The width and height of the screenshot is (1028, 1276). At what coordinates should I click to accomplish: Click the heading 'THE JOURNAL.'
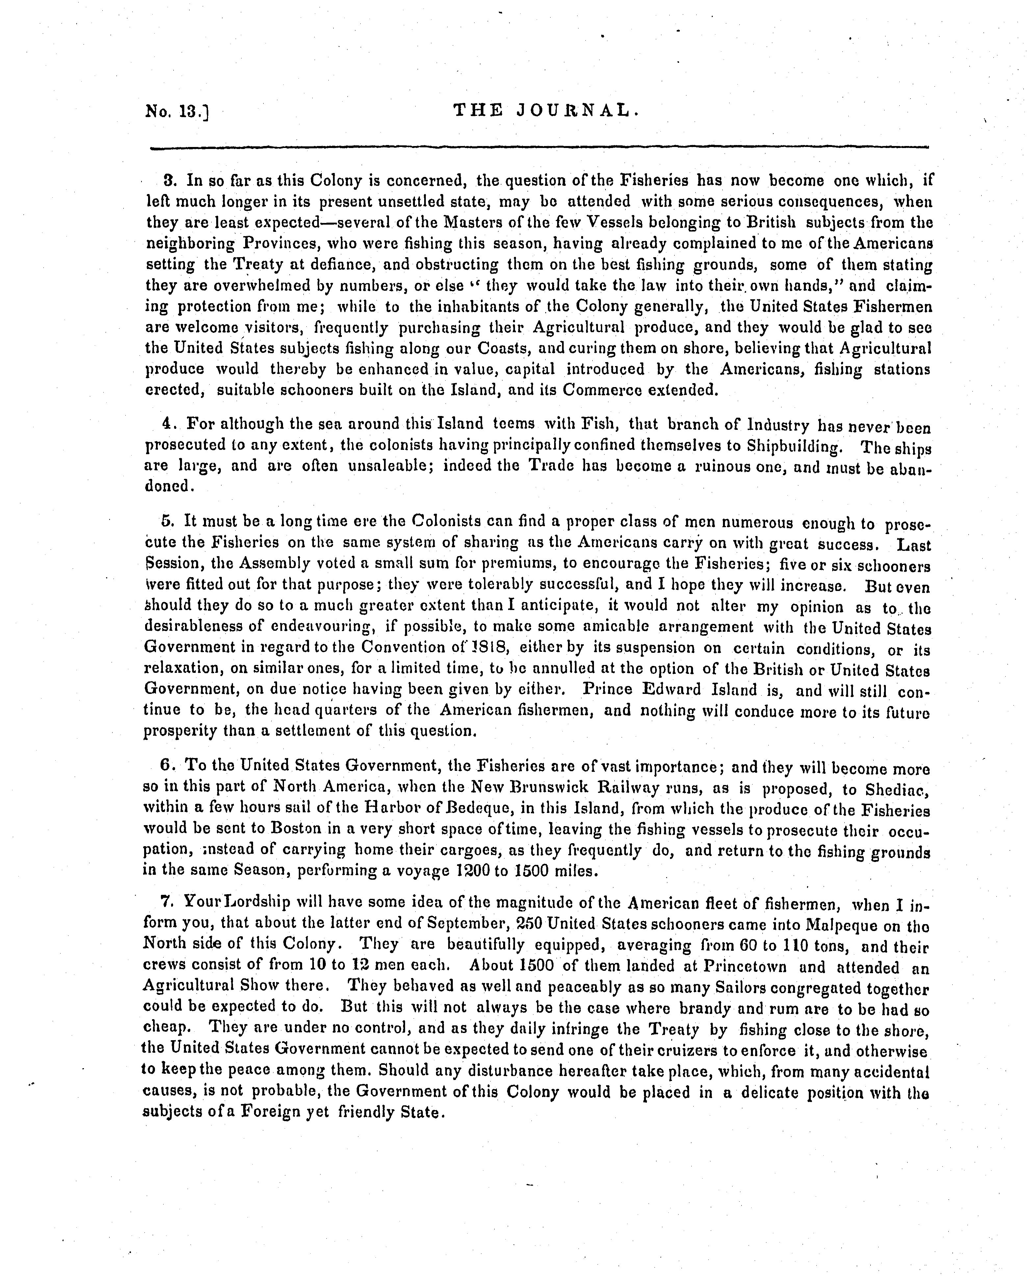click(545, 110)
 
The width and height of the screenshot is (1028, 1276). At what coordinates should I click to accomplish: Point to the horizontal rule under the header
click(539, 147)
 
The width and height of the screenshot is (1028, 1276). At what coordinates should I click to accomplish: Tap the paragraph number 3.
click(167, 180)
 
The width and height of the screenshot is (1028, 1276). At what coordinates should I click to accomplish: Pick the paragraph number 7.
click(165, 902)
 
